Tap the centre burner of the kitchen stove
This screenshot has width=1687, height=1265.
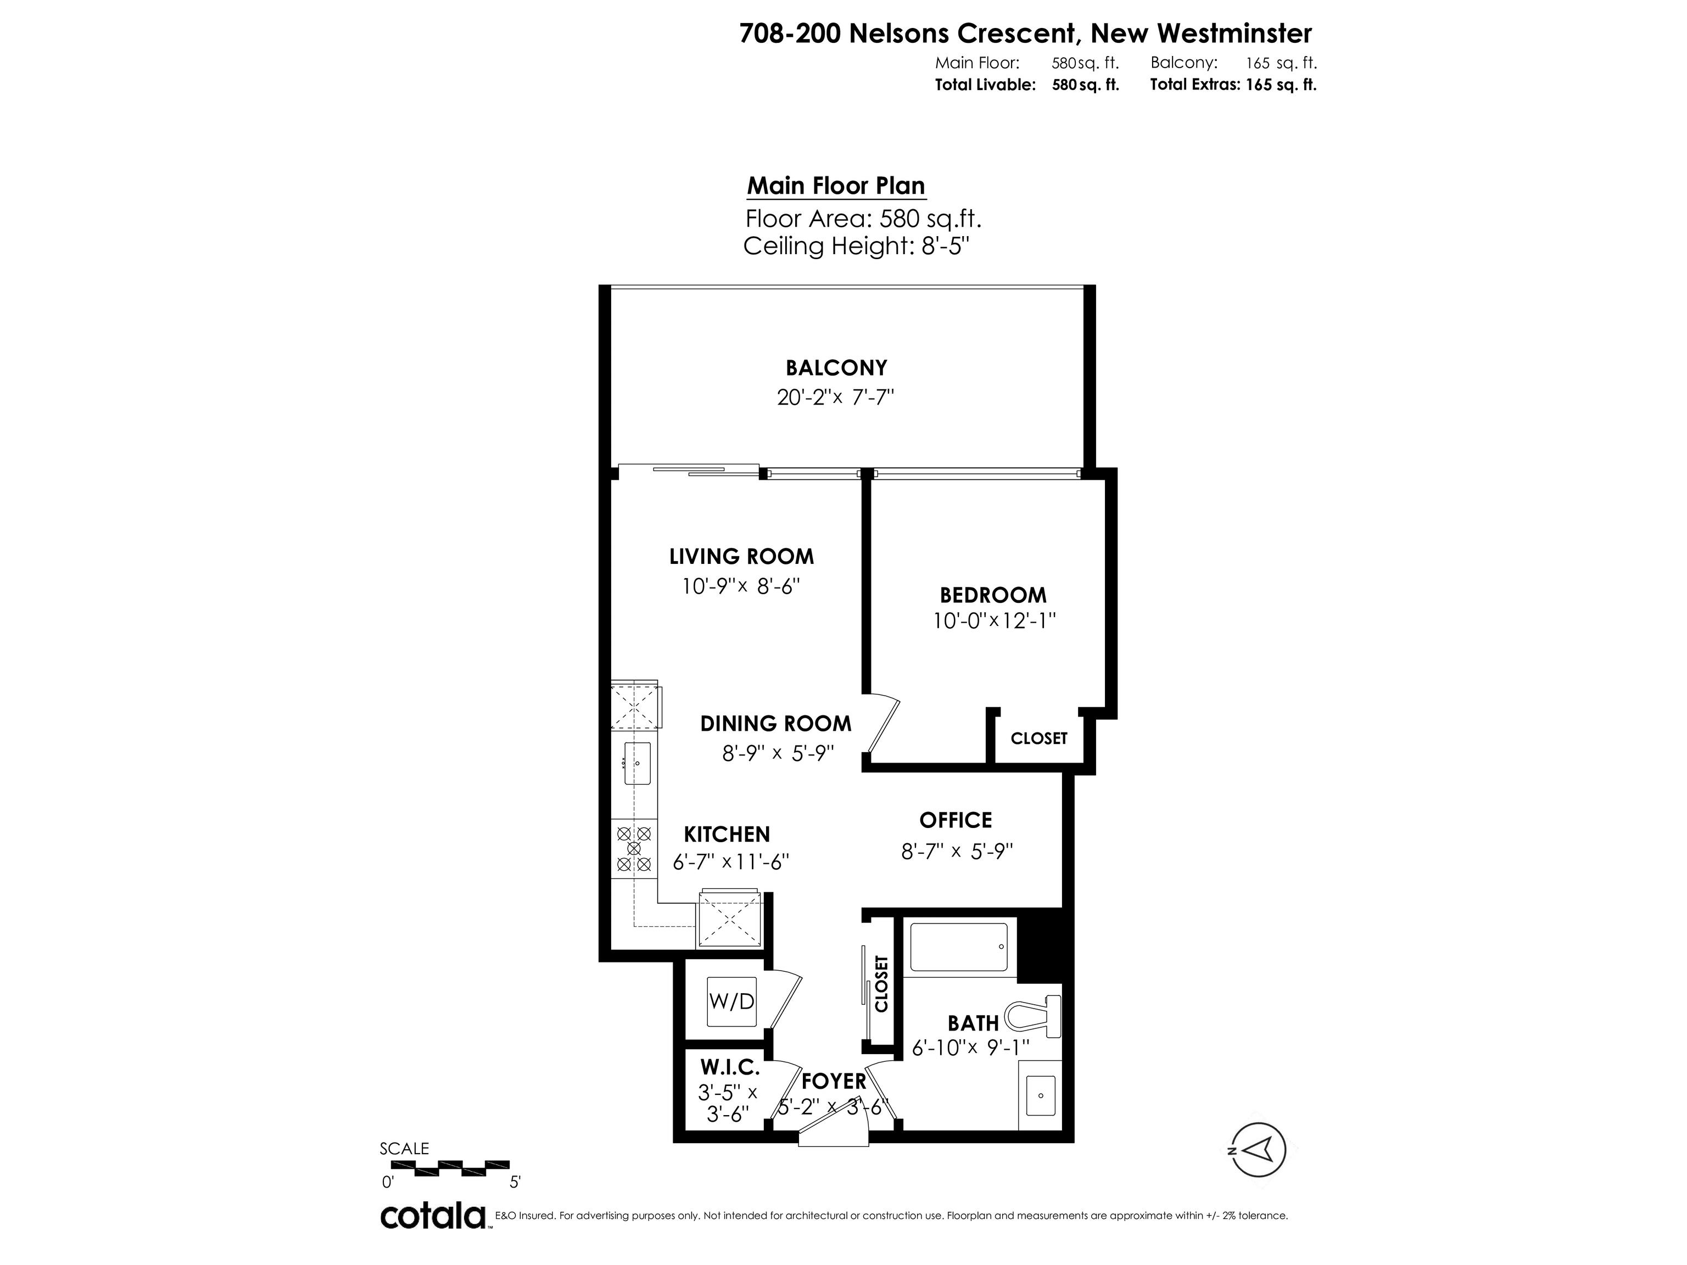(x=633, y=848)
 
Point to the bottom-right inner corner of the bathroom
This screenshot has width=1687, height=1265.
(x=1062, y=1130)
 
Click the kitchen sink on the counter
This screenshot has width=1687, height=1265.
(x=638, y=763)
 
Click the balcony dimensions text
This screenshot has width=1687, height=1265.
(x=835, y=398)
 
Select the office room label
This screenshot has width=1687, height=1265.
(x=956, y=820)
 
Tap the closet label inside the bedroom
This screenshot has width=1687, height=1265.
(x=1039, y=738)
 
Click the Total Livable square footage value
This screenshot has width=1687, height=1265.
(x=1085, y=85)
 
